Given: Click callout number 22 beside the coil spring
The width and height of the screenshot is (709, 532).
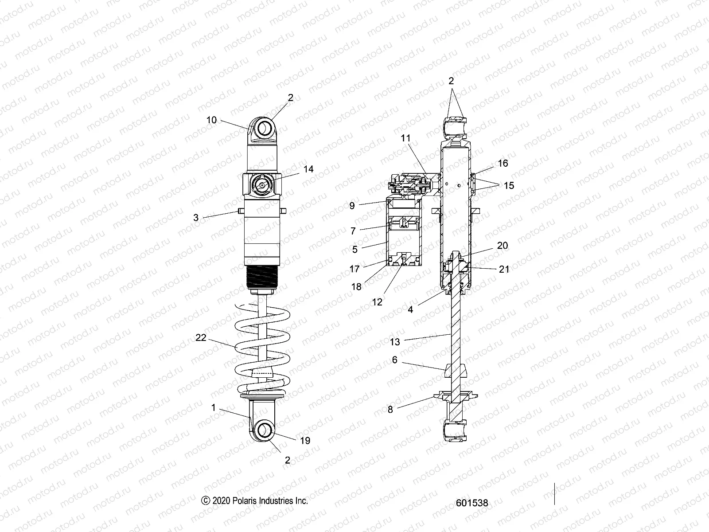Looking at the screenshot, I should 201,337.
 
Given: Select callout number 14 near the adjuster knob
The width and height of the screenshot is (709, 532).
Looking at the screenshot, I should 308,169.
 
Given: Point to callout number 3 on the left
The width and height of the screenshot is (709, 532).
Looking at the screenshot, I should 196,218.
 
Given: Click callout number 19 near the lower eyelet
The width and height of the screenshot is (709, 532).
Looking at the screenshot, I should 305,441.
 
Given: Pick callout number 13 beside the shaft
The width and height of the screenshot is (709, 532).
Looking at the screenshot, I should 395,341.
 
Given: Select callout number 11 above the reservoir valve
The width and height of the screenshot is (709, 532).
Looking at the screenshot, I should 406,138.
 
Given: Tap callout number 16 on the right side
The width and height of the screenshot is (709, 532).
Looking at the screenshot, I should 503,164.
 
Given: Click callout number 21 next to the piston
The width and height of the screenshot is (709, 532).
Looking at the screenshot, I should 504,269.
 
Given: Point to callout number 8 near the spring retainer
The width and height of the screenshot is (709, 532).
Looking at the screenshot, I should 390,410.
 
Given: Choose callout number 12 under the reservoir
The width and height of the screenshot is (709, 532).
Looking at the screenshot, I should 377,302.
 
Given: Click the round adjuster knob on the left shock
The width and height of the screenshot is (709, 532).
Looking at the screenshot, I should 262,186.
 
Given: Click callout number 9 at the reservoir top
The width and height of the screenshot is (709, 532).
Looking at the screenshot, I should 352,206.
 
